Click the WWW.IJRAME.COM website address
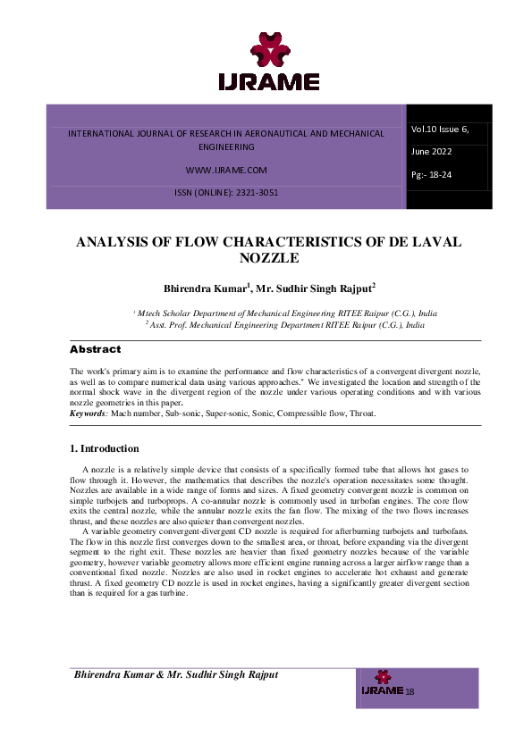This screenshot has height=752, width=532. pyautogui.click(x=226, y=170)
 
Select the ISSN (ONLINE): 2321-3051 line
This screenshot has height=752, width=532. pyautogui.click(x=226, y=193)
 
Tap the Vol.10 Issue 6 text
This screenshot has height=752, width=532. pyautogui.click(x=440, y=130)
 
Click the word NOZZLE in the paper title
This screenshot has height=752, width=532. pyautogui.click(x=268, y=258)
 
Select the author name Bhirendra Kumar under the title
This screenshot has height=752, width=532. pyautogui.click(x=206, y=288)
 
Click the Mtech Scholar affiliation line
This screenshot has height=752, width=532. pyautogui.click(x=285, y=313)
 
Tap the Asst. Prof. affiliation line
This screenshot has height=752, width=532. pyautogui.click(x=285, y=325)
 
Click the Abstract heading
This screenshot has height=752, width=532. pyautogui.click(x=95, y=349)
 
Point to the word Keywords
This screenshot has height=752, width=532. pyautogui.click(x=89, y=414)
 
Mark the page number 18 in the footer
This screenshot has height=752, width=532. pyautogui.click(x=410, y=692)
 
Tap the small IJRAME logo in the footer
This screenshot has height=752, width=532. pyautogui.click(x=382, y=684)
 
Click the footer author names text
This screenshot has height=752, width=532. pyautogui.click(x=176, y=674)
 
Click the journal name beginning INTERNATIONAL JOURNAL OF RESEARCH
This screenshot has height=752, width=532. pyautogui.click(x=226, y=133)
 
